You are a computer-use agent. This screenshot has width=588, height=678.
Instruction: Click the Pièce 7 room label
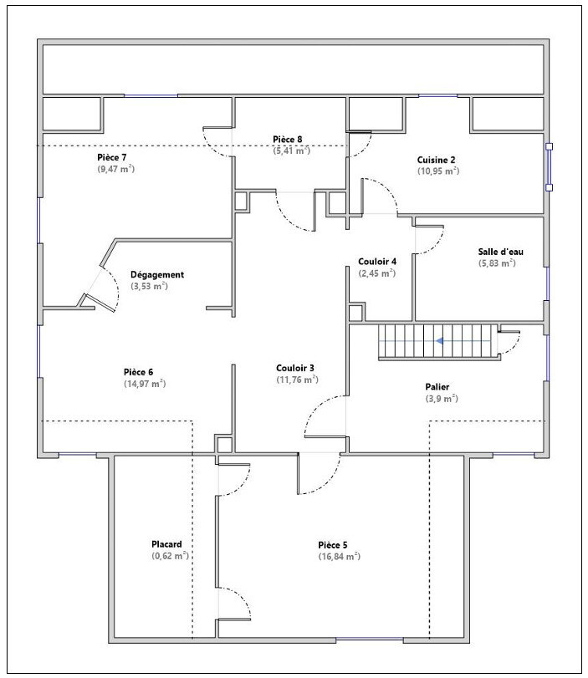pyautogui.click(x=111, y=157)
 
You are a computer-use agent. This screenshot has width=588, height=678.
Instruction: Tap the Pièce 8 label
pyautogui.click(x=287, y=140)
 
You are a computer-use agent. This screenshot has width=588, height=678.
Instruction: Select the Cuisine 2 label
pyautogui.click(x=436, y=160)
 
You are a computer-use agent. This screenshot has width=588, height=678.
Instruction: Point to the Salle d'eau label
pyautogui.click(x=501, y=252)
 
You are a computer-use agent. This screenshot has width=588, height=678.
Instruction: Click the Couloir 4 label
pyautogui.click(x=377, y=262)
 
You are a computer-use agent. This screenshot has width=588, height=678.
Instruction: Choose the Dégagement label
pyautogui.click(x=157, y=275)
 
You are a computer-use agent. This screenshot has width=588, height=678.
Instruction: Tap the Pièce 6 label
pyautogui.click(x=139, y=372)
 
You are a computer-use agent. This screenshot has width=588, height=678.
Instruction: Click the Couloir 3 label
pyautogui.click(x=295, y=369)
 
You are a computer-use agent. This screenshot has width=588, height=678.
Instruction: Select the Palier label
pyautogui.click(x=437, y=387)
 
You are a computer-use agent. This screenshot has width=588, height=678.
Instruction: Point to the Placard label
pyautogui.click(x=166, y=544)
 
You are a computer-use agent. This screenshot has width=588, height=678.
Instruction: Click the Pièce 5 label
pyautogui.click(x=333, y=545)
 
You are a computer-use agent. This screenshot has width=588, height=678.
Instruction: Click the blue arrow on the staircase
pyautogui.click(x=440, y=341)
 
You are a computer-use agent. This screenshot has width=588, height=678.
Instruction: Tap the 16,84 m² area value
pyautogui.click(x=340, y=557)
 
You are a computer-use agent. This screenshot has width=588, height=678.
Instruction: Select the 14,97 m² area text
pyautogui.click(x=145, y=384)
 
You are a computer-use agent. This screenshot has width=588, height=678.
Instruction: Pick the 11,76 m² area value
pyautogui.click(x=297, y=380)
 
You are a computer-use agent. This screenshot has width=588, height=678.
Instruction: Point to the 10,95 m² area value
pyautogui.click(x=438, y=171)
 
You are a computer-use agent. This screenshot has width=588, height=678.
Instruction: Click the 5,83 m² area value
pyautogui.click(x=497, y=263)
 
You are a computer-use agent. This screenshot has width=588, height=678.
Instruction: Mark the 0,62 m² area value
pyautogui.click(x=170, y=556)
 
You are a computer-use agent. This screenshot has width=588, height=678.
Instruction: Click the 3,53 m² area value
pyautogui.click(x=149, y=286)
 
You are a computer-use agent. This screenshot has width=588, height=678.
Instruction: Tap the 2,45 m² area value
pyautogui.click(x=377, y=273)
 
